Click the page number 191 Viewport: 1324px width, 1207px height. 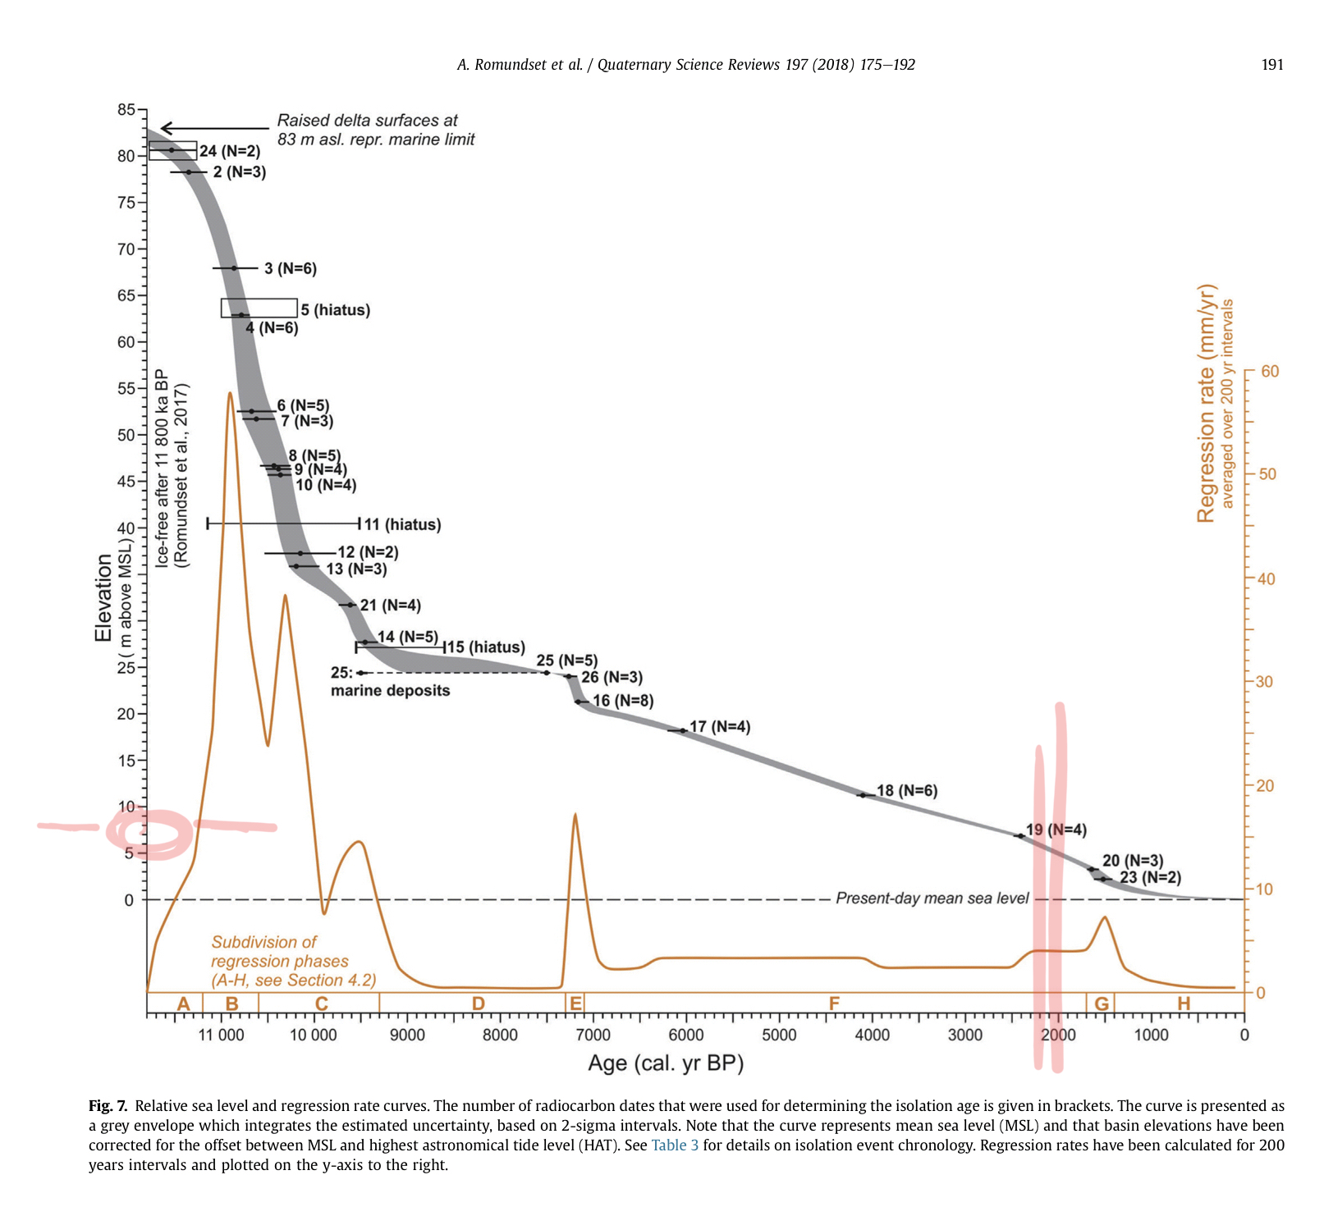(1271, 65)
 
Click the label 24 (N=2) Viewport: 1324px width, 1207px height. (230, 151)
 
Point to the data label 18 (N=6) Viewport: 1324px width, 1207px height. (906, 791)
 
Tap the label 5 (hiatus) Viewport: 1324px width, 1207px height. (335, 310)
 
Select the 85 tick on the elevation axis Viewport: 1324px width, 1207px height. (126, 109)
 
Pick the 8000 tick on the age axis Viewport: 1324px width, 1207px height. (500, 1035)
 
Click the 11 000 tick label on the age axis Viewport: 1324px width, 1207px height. (221, 1035)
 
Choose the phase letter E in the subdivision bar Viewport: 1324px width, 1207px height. (575, 1004)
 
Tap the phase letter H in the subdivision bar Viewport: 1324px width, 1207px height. (1183, 1004)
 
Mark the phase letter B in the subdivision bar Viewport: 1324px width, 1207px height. (231, 1004)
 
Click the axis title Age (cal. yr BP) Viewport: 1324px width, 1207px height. (666, 1063)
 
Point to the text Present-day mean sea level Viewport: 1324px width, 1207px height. (932, 898)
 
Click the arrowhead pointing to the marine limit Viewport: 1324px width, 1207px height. (164, 128)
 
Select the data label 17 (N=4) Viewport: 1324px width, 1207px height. (719, 727)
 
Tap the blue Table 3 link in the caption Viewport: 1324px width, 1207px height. (675, 1145)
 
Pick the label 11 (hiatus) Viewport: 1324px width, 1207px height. (402, 524)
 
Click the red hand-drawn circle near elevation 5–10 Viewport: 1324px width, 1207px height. (150, 834)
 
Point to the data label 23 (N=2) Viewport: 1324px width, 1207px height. (1150, 878)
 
